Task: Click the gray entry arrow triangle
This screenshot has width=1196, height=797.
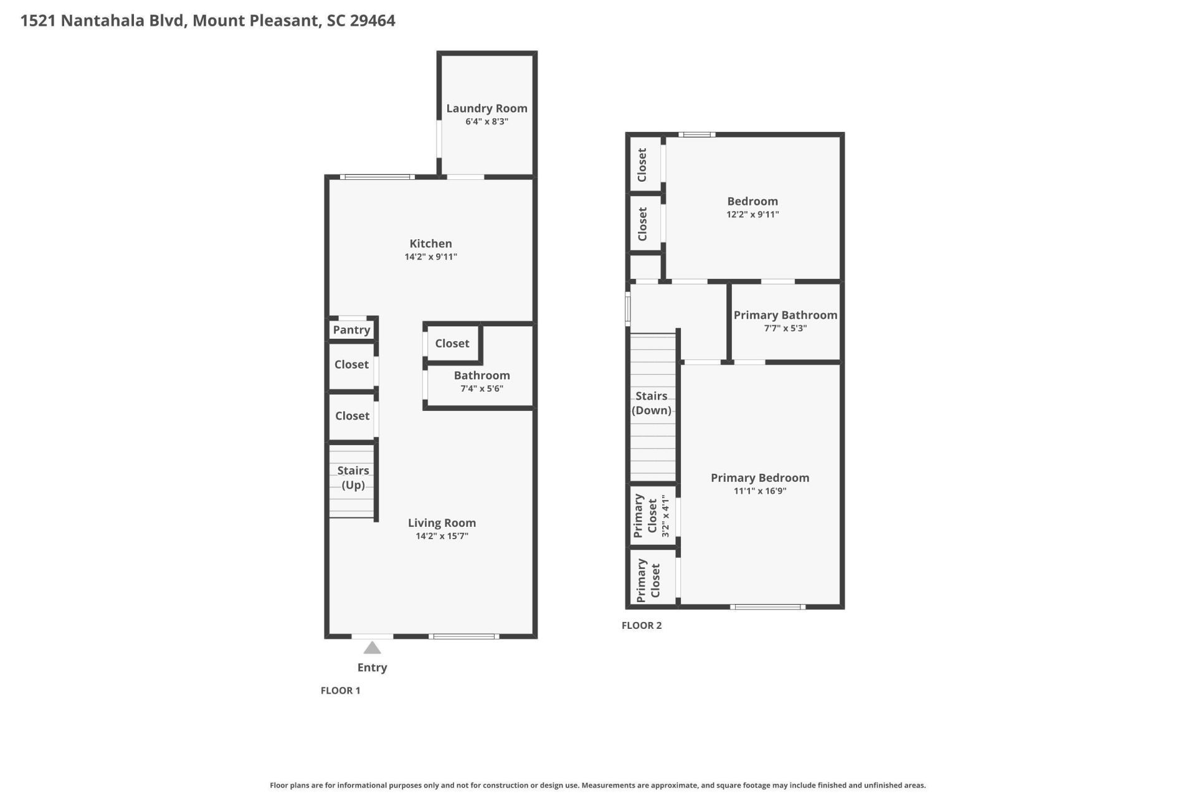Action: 372,649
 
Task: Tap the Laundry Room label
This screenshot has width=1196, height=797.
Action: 486,108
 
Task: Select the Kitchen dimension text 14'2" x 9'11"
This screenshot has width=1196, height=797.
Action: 430,257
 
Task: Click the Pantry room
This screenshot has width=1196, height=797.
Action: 351,330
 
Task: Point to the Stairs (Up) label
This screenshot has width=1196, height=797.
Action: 353,478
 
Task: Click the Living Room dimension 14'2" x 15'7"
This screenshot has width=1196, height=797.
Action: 442,536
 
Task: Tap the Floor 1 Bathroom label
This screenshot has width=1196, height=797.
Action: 482,375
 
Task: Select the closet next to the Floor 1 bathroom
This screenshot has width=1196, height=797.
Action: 452,344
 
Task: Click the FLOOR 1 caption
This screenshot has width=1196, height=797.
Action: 340,690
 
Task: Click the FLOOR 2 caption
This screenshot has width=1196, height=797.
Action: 641,625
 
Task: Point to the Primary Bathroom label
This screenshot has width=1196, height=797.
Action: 785,315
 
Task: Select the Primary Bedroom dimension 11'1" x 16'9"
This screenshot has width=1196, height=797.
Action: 760,491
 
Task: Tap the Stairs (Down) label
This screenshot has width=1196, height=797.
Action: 652,403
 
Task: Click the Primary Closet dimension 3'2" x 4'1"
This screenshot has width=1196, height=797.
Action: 666,516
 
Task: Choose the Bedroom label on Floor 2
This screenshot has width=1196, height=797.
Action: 752,201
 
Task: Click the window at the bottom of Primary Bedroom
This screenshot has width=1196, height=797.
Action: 767,606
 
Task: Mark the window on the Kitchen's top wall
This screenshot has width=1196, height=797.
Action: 377,177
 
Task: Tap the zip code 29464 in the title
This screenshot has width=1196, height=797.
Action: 373,21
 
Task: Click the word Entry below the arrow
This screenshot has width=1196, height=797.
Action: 372,667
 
